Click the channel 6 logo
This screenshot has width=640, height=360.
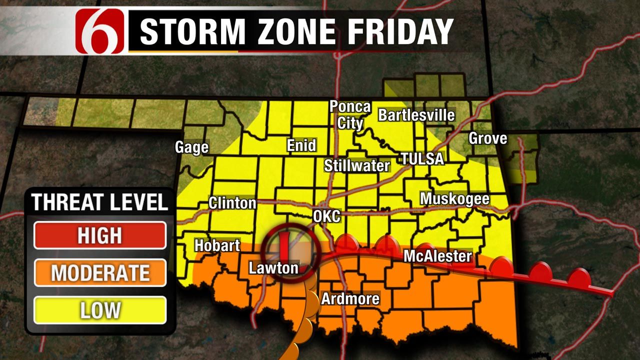pyautogui.click(x=100, y=31)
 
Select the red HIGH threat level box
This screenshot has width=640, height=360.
pyautogui.click(x=99, y=235)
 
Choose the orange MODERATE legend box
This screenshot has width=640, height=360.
pyautogui.click(x=99, y=273)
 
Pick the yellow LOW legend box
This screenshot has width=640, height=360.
pyautogui.click(x=99, y=310)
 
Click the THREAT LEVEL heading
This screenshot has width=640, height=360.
pyautogui.click(x=99, y=202)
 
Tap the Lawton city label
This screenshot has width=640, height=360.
pyautogui.click(x=273, y=268)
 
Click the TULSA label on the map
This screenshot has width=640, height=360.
pyautogui.click(x=422, y=159)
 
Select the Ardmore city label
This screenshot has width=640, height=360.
pyautogui.click(x=350, y=299)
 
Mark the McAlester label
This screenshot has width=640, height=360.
pyautogui.click(x=437, y=256)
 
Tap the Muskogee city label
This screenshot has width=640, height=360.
pyautogui.click(x=454, y=198)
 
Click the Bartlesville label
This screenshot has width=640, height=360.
pyautogui.click(x=416, y=115)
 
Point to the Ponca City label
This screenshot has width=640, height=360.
pyautogui.click(x=350, y=114)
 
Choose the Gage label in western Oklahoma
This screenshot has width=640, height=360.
pyautogui.click(x=191, y=147)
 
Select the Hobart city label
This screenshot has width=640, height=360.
pyautogui.click(x=217, y=245)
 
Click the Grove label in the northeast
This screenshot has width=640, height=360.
pyautogui.click(x=487, y=138)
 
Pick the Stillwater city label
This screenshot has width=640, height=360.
pyautogui.click(x=356, y=165)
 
